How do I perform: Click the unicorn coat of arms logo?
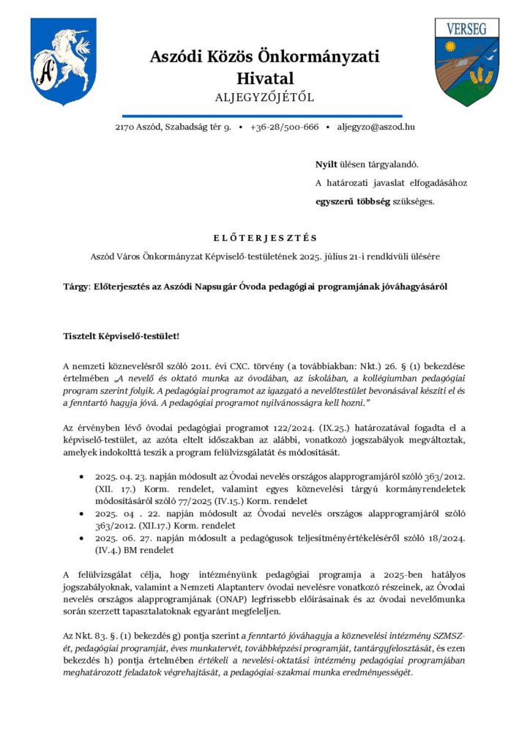pyautogui.click(x=63, y=62)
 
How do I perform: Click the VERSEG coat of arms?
pyautogui.click(x=466, y=62)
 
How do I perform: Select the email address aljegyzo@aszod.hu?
pyautogui.click(x=375, y=127)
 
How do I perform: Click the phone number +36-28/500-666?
pyautogui.click(x=284, y=127)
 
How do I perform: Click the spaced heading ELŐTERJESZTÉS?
pyautogui.click(x=264, y=237)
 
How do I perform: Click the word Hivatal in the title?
pyautogui.click(x=264, y=78)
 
